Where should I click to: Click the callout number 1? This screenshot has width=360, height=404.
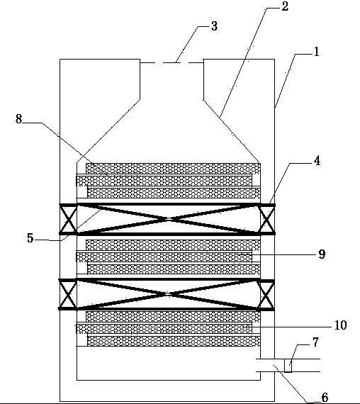tap(317, 52)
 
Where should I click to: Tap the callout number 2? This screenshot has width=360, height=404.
tap(285, 6)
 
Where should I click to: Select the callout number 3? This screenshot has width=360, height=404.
tap(214, 26)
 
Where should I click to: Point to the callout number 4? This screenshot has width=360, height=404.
tap(317, 160)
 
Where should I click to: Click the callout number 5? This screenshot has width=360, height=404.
tap(30, 238)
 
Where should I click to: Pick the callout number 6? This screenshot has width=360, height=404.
tap(325, 397)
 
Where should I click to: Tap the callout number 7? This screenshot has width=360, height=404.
tap(315, 342)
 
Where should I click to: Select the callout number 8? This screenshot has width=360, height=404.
tap(18, 119)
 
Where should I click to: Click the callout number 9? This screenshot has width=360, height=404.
tap(322, 254)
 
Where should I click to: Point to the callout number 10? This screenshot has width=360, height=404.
tap(340, 325)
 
